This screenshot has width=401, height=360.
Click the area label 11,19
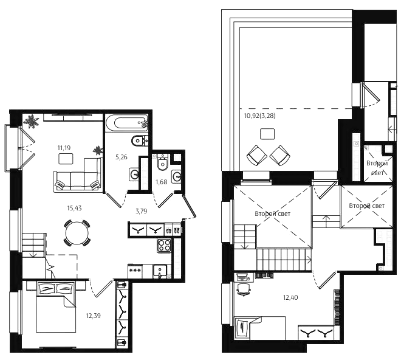click(64, 148)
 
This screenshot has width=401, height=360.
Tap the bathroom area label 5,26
click(122, 157)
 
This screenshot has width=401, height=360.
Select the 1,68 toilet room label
click(162, 182)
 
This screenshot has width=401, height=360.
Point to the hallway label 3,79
click(141, 211)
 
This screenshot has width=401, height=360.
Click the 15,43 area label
click(74, 208)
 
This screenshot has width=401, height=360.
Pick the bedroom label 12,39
click(94, 316)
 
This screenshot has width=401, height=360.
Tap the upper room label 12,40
click(290, 297)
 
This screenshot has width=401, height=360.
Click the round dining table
click(77, 233)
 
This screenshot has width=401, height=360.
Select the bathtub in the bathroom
click(127, 123)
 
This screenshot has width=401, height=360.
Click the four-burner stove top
click(164, 246)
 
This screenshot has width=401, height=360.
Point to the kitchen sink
click(160, 271)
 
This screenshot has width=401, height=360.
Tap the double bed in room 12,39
click(57, 306)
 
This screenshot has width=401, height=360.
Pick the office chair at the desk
click(244, 289)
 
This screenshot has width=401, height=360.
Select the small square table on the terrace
click(267, 134)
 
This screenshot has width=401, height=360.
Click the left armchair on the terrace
click(256, 156)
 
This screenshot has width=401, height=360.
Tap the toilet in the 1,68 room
click(162, 162)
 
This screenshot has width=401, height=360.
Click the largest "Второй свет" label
click(273, 213)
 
